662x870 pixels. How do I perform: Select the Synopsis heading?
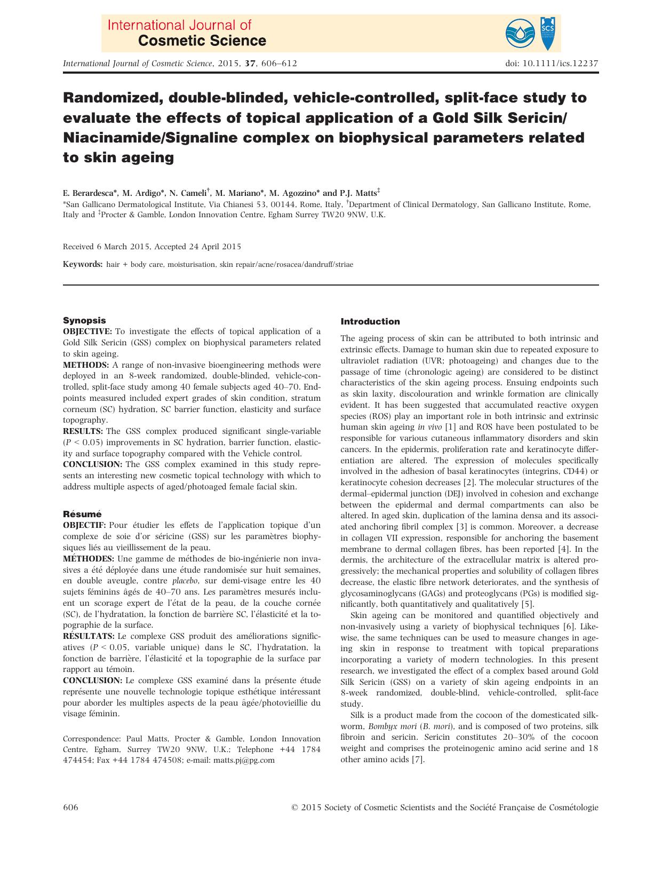[x=84, y=320]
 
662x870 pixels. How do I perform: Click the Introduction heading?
[x=370, y=321]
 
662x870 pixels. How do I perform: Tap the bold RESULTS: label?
[x=83, y=431]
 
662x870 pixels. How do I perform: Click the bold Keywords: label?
[x=83, y=264]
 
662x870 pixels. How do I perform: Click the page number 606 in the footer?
[x=70, y=808]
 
